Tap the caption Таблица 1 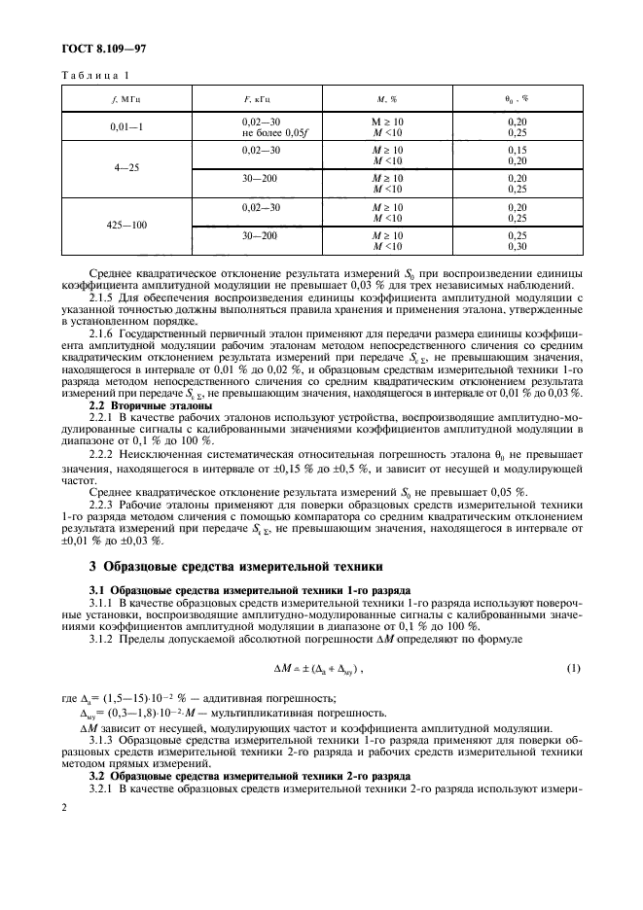95,76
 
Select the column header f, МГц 125,98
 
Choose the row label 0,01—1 125,126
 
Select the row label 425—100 125,226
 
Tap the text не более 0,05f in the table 261,131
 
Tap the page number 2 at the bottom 64,807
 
